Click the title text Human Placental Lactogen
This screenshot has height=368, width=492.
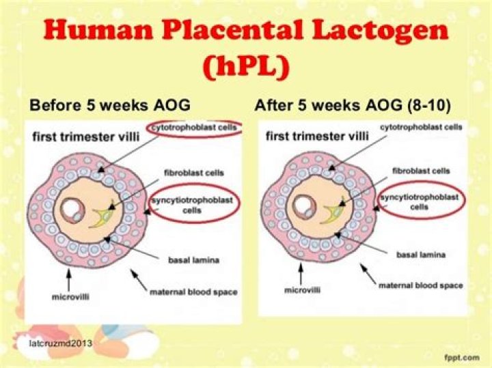pyautogui.click(x=246, y=32)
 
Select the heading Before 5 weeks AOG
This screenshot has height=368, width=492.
pyautogui.click(x=109, y=106)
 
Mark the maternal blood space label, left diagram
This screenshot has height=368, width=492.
pyautogui.click(x=193, y=292)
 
